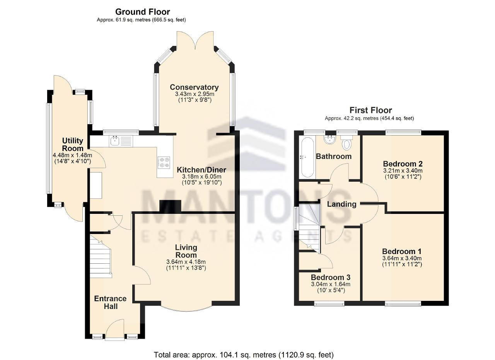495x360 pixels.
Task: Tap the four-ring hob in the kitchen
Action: (164, 162)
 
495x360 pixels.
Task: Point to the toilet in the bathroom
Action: (346, 143)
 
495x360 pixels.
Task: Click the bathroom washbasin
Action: (330, 140)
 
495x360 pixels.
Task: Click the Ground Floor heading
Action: (143, 12)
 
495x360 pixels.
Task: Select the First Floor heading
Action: (370, 110)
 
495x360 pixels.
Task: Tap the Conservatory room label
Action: (194, 87)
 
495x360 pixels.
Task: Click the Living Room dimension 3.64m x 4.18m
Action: (186, 262)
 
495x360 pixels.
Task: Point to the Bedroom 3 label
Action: (331, 277)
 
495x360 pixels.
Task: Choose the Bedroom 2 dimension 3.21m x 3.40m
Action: (403, 171)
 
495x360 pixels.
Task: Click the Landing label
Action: (341, 204)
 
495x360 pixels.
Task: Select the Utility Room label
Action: (72, 145)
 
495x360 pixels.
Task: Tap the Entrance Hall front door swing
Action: (115, 329)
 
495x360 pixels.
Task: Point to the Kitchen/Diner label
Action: (201, 170)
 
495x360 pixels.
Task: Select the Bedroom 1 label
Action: (402, 251)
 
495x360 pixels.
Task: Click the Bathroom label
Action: (334, 157)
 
